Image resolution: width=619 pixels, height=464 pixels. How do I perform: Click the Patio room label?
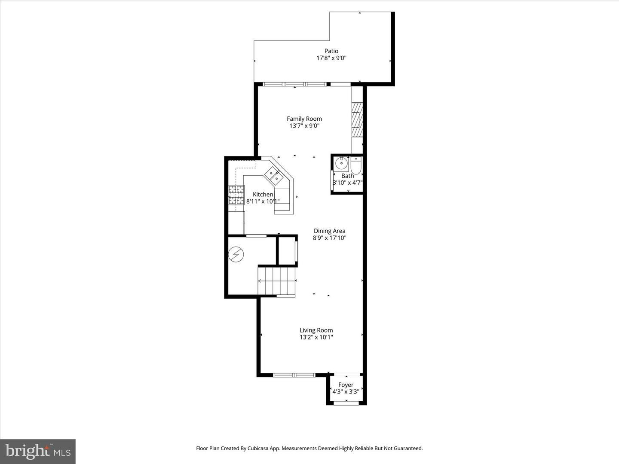point(331,51)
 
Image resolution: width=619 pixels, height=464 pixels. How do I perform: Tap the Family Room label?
point(304,119)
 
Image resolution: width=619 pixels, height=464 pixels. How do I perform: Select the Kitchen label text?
point(263,194)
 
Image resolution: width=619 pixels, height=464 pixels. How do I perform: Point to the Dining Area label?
point(329,231)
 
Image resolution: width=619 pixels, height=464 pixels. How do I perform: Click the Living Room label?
point(316,330)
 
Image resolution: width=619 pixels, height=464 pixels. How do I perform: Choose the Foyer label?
point(346,385)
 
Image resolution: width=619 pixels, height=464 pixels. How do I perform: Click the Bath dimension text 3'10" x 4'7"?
point(348,183)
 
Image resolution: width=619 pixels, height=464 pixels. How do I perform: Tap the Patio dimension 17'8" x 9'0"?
point(331,58)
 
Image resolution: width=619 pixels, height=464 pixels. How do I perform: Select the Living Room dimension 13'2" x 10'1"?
point(316,337)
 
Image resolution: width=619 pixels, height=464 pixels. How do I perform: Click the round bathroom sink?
point(342,163)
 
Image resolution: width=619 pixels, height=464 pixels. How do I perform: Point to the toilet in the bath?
point(356,165)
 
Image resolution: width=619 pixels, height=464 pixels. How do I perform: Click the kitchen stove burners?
point(236,195)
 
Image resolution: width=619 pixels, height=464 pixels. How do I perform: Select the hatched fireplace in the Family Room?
point(357,120)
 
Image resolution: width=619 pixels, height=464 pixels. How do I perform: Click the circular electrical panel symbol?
point(236,254)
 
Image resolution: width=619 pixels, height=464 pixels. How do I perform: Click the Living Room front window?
point(294,375)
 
